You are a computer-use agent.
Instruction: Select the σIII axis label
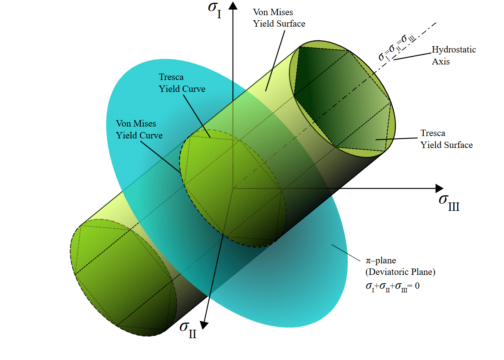(449, 201)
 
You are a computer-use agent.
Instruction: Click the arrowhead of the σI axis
(233, 5)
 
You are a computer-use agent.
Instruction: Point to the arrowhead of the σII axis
(204, 325)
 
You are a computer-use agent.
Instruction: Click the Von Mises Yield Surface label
(279, 18)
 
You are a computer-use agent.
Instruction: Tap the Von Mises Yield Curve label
(139, 130)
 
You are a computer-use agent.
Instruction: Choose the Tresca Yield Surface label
(447, 139)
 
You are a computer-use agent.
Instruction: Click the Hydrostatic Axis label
(454, 56)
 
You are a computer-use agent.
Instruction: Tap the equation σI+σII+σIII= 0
(392, 286)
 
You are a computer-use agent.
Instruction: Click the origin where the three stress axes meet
(233, 188)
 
